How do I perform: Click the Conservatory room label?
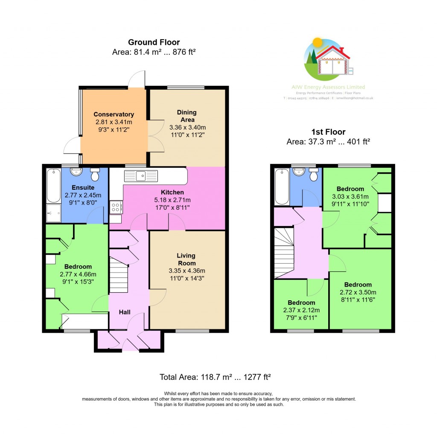pyautogui.click(x=114, y=114)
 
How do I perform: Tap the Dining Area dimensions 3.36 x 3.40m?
pyautogui.click(x=187, y=127)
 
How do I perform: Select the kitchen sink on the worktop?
pyautogui.click(x=141, y=176)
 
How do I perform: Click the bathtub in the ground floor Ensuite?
pyautogui.click(x=53, y=186)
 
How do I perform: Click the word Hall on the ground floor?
pyautogui.click(x=125, y=312)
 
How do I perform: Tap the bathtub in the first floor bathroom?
pyautogui.click(x=282, y=187)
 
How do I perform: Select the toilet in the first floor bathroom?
pyautogui.click(x=314, y=175)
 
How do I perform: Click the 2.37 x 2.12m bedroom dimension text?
pyautogui.click(x=301, y=311)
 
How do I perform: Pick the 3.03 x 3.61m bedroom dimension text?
pyautogui.click(x=350, y=197)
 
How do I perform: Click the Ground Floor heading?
pyautogui.click(x=154, y=42)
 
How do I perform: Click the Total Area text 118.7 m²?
pyautogui.click(x=216, y=377)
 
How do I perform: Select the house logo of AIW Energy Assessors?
pyautogui.click(x=327, y=60)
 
